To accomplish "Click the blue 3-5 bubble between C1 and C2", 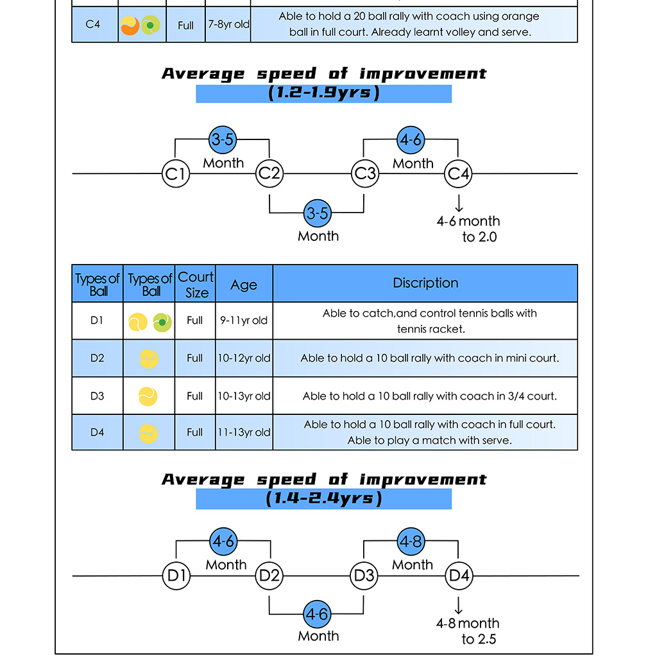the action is tap(223, 139).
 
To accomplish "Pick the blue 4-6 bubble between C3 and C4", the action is tap(411, 140).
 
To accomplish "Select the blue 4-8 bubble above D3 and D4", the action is tap(411, 542).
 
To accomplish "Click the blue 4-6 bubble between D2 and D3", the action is tap(317, 615).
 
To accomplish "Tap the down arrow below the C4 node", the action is tap(459, 204).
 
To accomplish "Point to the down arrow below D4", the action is tap(459, 606).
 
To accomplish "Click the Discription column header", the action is tap(425, 283).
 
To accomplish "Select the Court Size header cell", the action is tap(195, 284).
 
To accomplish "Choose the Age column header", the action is tap(244, 284).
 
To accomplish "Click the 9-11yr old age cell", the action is tap(244, 321).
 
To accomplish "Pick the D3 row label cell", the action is tap(98, 396).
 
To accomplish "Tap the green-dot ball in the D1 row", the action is tap(162, 322).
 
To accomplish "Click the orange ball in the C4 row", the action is tap(130, 26).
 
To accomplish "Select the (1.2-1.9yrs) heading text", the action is tap(324, 93).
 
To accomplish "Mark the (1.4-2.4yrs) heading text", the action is tap(324, 498).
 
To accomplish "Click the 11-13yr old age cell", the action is tap(244, 432).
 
